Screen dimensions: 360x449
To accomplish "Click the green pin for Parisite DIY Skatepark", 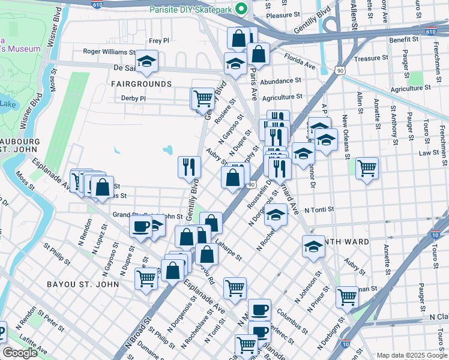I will click(x=241, y=8).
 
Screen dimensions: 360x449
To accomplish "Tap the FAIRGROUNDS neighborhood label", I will click(x=140, y=84).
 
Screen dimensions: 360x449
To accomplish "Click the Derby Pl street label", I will click(x=133, y=98).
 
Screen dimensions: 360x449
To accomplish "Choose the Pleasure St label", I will click(x=283, y=15).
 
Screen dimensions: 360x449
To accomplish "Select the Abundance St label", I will click(x=281, y=80).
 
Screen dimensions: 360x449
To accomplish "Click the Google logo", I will click(x=20, y=353).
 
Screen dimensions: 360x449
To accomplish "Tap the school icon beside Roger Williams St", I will click(x=146, y=61).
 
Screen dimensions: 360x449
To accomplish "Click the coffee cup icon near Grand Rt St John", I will click(x=141, y=226).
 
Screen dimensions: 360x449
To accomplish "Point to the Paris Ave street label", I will click(x=253, y=84).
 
